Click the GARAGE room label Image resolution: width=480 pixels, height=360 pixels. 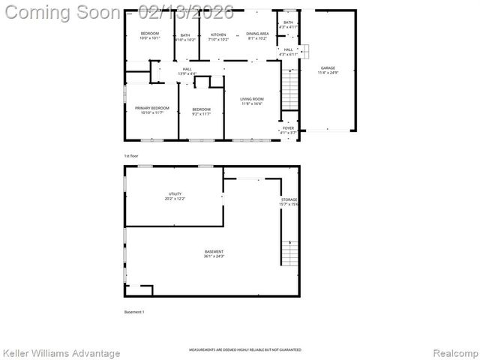click(x=328, y=67)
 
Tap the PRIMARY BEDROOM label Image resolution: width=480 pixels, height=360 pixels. click(x=152, y=108)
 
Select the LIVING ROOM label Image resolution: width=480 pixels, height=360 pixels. click(x=251, y=99)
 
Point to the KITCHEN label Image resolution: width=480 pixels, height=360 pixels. click(x=218, y=34)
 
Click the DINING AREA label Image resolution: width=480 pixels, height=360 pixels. click(x=257, y=34)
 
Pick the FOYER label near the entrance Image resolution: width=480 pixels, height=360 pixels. click(x=288, y=128)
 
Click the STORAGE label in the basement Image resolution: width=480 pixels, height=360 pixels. click(x=289, y=199)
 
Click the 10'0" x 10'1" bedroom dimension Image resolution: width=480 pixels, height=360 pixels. click(x=151, y=39)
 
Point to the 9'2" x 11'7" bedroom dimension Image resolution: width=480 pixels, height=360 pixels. click(x=200, y=114)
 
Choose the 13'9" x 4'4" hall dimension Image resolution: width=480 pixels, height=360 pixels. click(x=187, y=73)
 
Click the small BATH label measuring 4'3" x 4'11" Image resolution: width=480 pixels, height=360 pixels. click(x=288, y=26)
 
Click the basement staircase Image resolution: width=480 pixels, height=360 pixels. click(x=289, y=252)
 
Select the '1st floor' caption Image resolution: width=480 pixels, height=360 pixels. click(x=131, y=155)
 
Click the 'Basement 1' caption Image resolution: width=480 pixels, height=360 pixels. click(x=133, y=311)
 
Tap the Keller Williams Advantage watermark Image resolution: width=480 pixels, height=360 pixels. click(x=61, y=352)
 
